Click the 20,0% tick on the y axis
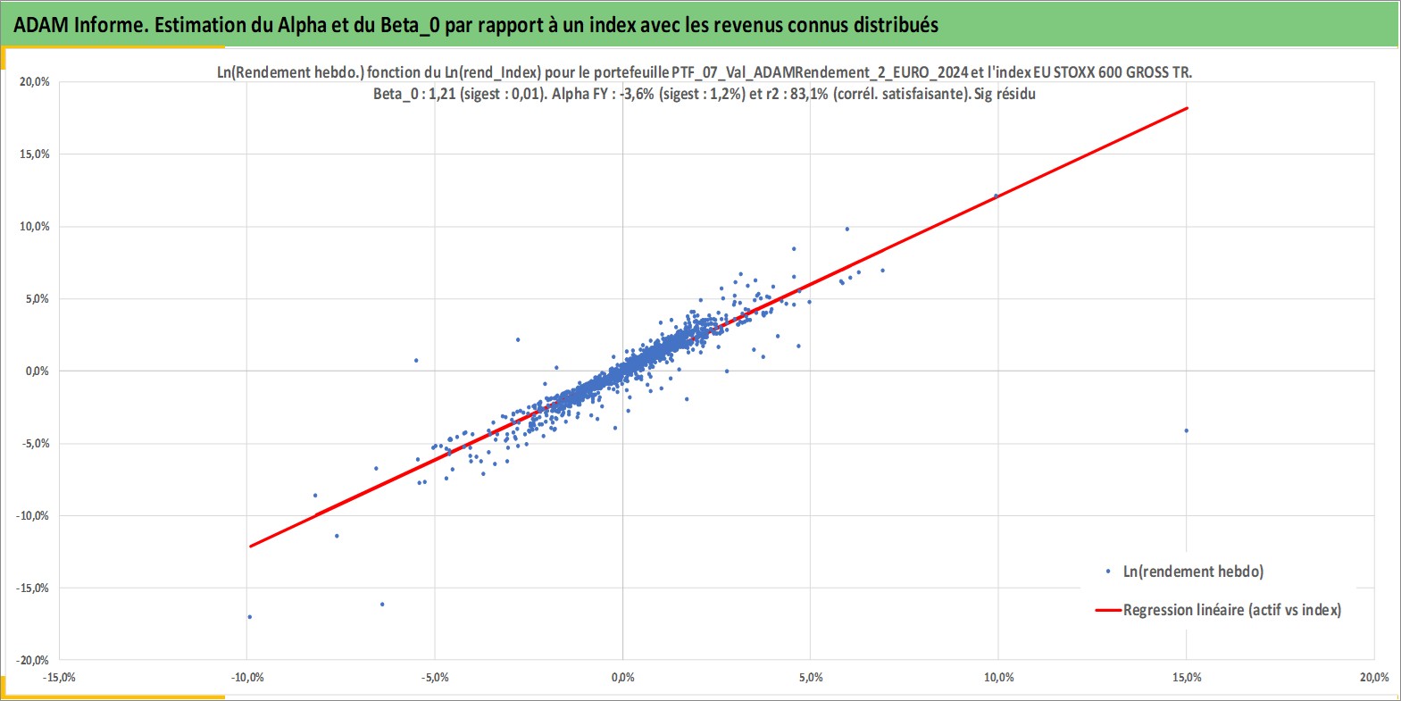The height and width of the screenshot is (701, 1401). point(35,82)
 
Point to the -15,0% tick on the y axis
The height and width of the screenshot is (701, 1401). point(32,588)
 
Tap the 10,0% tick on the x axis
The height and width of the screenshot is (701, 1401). point(999,678)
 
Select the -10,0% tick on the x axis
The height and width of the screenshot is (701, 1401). point(247,678)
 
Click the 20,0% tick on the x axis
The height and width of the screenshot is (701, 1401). point(1374,678)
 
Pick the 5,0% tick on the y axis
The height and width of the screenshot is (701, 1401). point(38,299)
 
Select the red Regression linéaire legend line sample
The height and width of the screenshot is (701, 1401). point(1107,610)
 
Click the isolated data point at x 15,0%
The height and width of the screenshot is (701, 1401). point(1187,430)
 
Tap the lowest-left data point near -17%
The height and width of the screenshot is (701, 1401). point(249,617)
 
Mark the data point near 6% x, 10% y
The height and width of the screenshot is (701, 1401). point(847,229)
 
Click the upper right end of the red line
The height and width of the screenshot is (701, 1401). point(1187,108)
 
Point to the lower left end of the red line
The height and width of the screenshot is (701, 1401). point(250,547)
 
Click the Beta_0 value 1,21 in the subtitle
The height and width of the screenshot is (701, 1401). point(442,95)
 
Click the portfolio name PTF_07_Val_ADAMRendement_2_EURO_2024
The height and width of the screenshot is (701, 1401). point(820,72)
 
